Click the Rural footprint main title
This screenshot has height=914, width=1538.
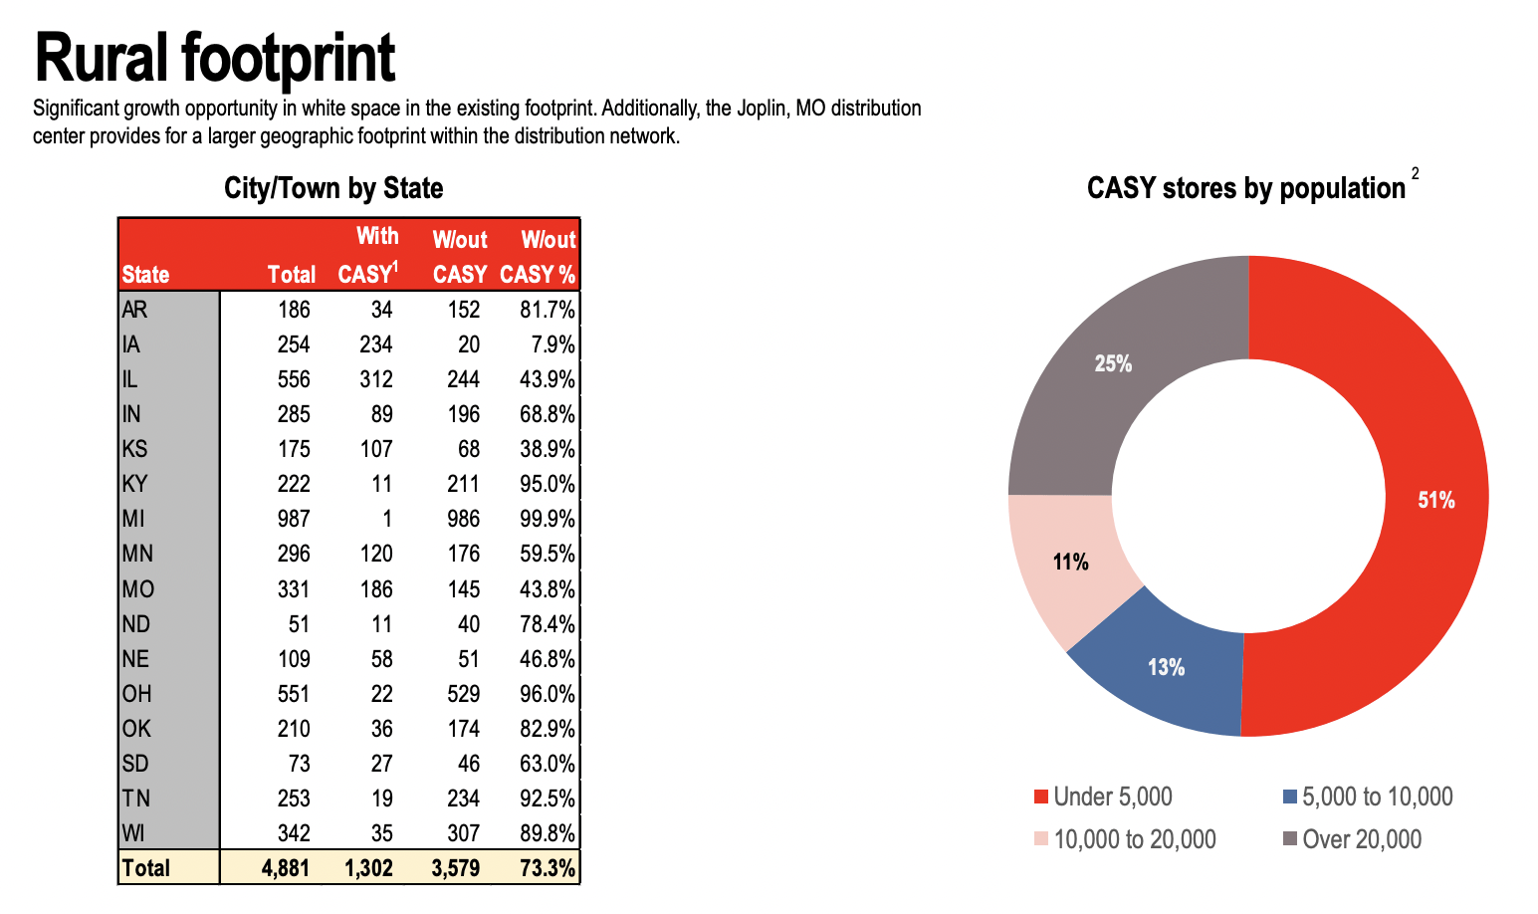point(214,58)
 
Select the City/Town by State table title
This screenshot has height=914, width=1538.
point(333,188)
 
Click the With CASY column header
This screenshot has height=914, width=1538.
point(368,255)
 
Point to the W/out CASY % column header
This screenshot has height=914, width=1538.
point(539,256)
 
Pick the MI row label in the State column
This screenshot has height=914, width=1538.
point(133,519)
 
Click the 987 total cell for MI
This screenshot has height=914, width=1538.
point(294,519)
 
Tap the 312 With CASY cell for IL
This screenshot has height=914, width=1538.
point(376,379)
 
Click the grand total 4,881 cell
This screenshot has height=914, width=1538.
point(286,868)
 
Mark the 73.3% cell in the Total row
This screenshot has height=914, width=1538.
point(548,868)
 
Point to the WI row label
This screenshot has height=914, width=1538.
point(133,833)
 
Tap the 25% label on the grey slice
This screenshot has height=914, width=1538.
point(1113,364)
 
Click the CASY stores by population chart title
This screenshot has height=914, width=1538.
point(1245,188)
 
